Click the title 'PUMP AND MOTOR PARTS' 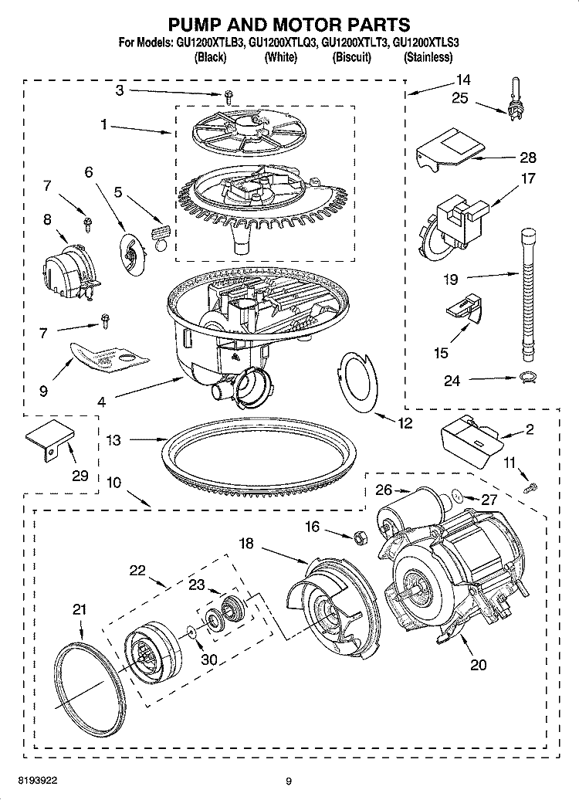[289, 26]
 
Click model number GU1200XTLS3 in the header [425, 43]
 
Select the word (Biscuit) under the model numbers [351, 57]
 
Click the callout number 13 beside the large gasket [113, 440]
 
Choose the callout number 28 [527, 158]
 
